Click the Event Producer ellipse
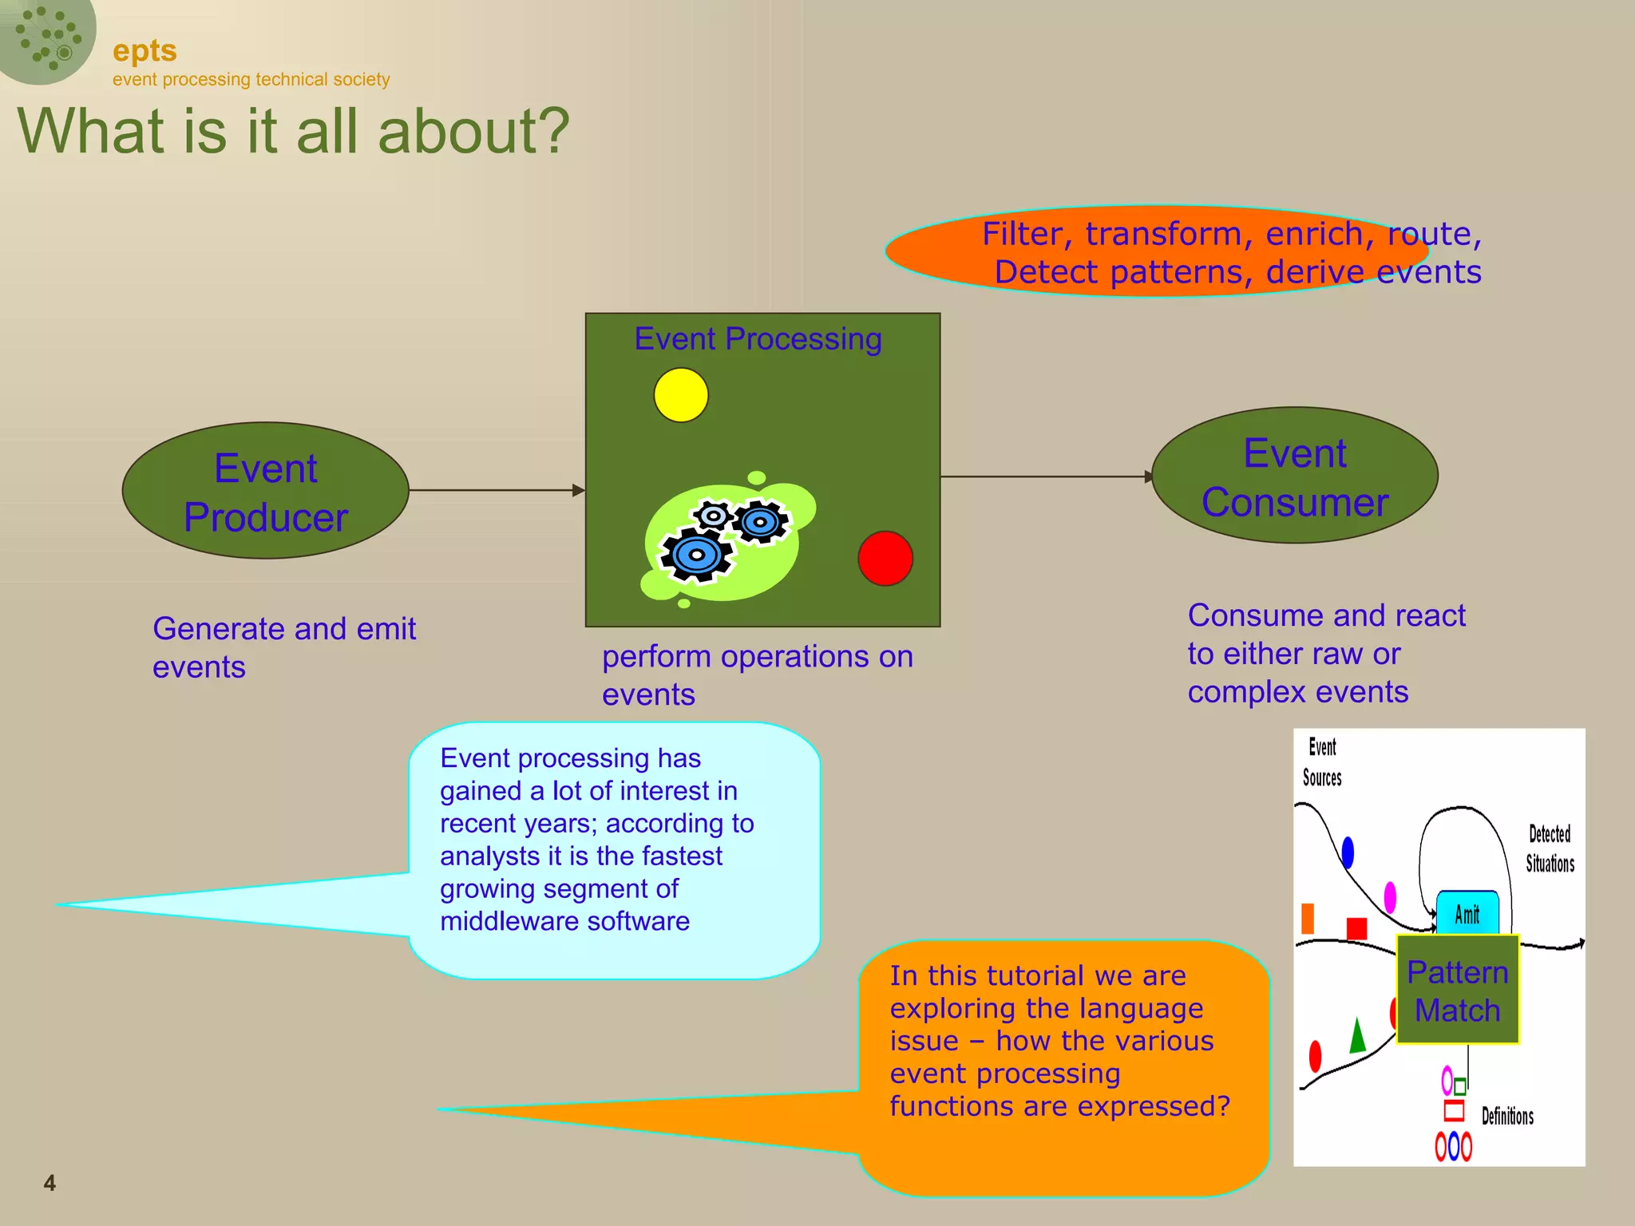pos(265,490)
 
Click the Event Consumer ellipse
pos(1294,476)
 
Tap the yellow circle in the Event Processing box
pos(681,395)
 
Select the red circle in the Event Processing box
pos(885,559)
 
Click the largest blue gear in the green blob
pos(696,555)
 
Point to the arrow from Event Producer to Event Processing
pos(495,490)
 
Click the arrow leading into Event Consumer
pos(1046,477)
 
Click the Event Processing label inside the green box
pos(758,339)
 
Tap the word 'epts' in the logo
pos(144,50)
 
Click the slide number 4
pos(49,1183)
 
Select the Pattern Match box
pos(1457,991)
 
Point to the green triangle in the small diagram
pos(1357,1037)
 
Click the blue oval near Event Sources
pos(1348,852)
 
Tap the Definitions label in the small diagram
pos(1507,1116)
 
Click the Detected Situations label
pos(1550,849)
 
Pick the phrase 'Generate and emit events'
pos(283,647)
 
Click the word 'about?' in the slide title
pos(473,132)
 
